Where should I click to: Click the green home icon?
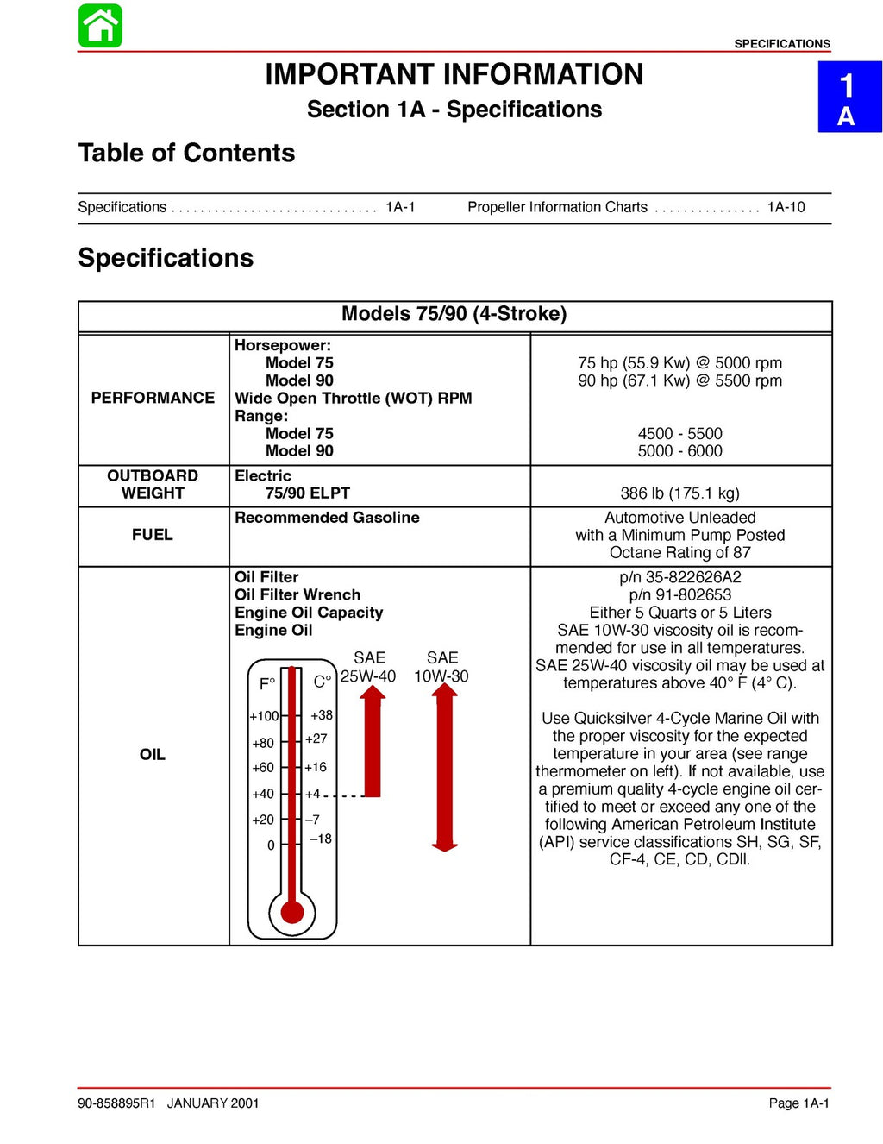point(100,26)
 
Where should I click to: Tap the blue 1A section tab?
point(849,97)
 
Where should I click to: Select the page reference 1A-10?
point(786,207)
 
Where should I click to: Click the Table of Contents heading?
point(186,153)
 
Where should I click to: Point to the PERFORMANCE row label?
point(153,398)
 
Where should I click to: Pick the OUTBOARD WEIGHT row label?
point(153,485)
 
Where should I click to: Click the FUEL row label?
point(153,535)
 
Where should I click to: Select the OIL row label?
point(153,755)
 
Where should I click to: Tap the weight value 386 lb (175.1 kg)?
point(679,493)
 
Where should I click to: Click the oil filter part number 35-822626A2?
point(680,577)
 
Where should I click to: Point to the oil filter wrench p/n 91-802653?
point(680,594)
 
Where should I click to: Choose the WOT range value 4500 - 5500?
point(680,434)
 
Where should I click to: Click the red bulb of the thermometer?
point(292,911)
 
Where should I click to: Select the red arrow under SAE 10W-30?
point(444,767)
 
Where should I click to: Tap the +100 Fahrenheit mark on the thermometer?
point(264,716)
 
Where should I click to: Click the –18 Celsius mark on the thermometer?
point(321,839)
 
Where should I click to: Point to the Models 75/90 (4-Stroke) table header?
point(454,314)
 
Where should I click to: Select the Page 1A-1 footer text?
point(798,1103)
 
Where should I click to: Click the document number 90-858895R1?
point(116,1103)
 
